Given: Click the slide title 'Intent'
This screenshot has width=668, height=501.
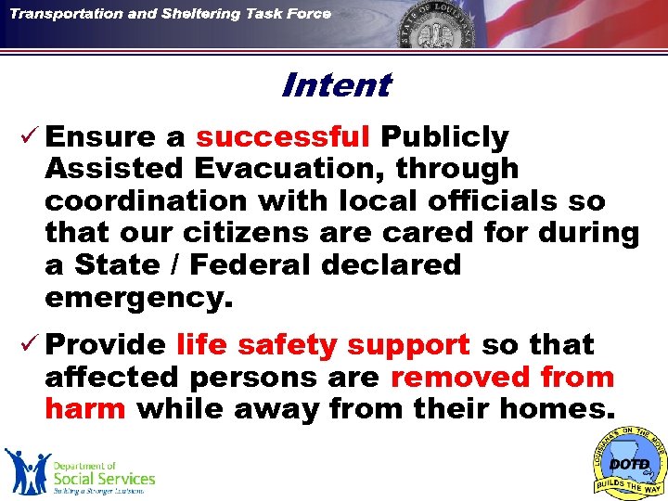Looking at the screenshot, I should (x=335, y=85).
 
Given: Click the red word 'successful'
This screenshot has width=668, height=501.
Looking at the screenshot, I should (x=283, y=137).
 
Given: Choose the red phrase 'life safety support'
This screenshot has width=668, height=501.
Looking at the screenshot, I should (x=323, y=345).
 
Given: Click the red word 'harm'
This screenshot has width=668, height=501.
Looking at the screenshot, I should (x=84, y=408).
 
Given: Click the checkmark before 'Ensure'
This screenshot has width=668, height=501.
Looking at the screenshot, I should (x=27, y=137).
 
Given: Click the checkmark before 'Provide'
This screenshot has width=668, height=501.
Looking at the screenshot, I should (x=27, y=345).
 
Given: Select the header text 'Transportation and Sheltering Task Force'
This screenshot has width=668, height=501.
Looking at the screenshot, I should (x=171, y=15).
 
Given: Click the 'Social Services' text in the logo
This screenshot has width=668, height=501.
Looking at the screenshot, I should (x=104, y=478).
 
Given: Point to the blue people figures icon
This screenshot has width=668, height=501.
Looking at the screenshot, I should (x=27, y=470).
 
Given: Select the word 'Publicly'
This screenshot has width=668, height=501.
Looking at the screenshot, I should (x=444, y=137).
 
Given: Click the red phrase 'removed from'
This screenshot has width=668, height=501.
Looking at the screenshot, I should (x=502, y=377).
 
